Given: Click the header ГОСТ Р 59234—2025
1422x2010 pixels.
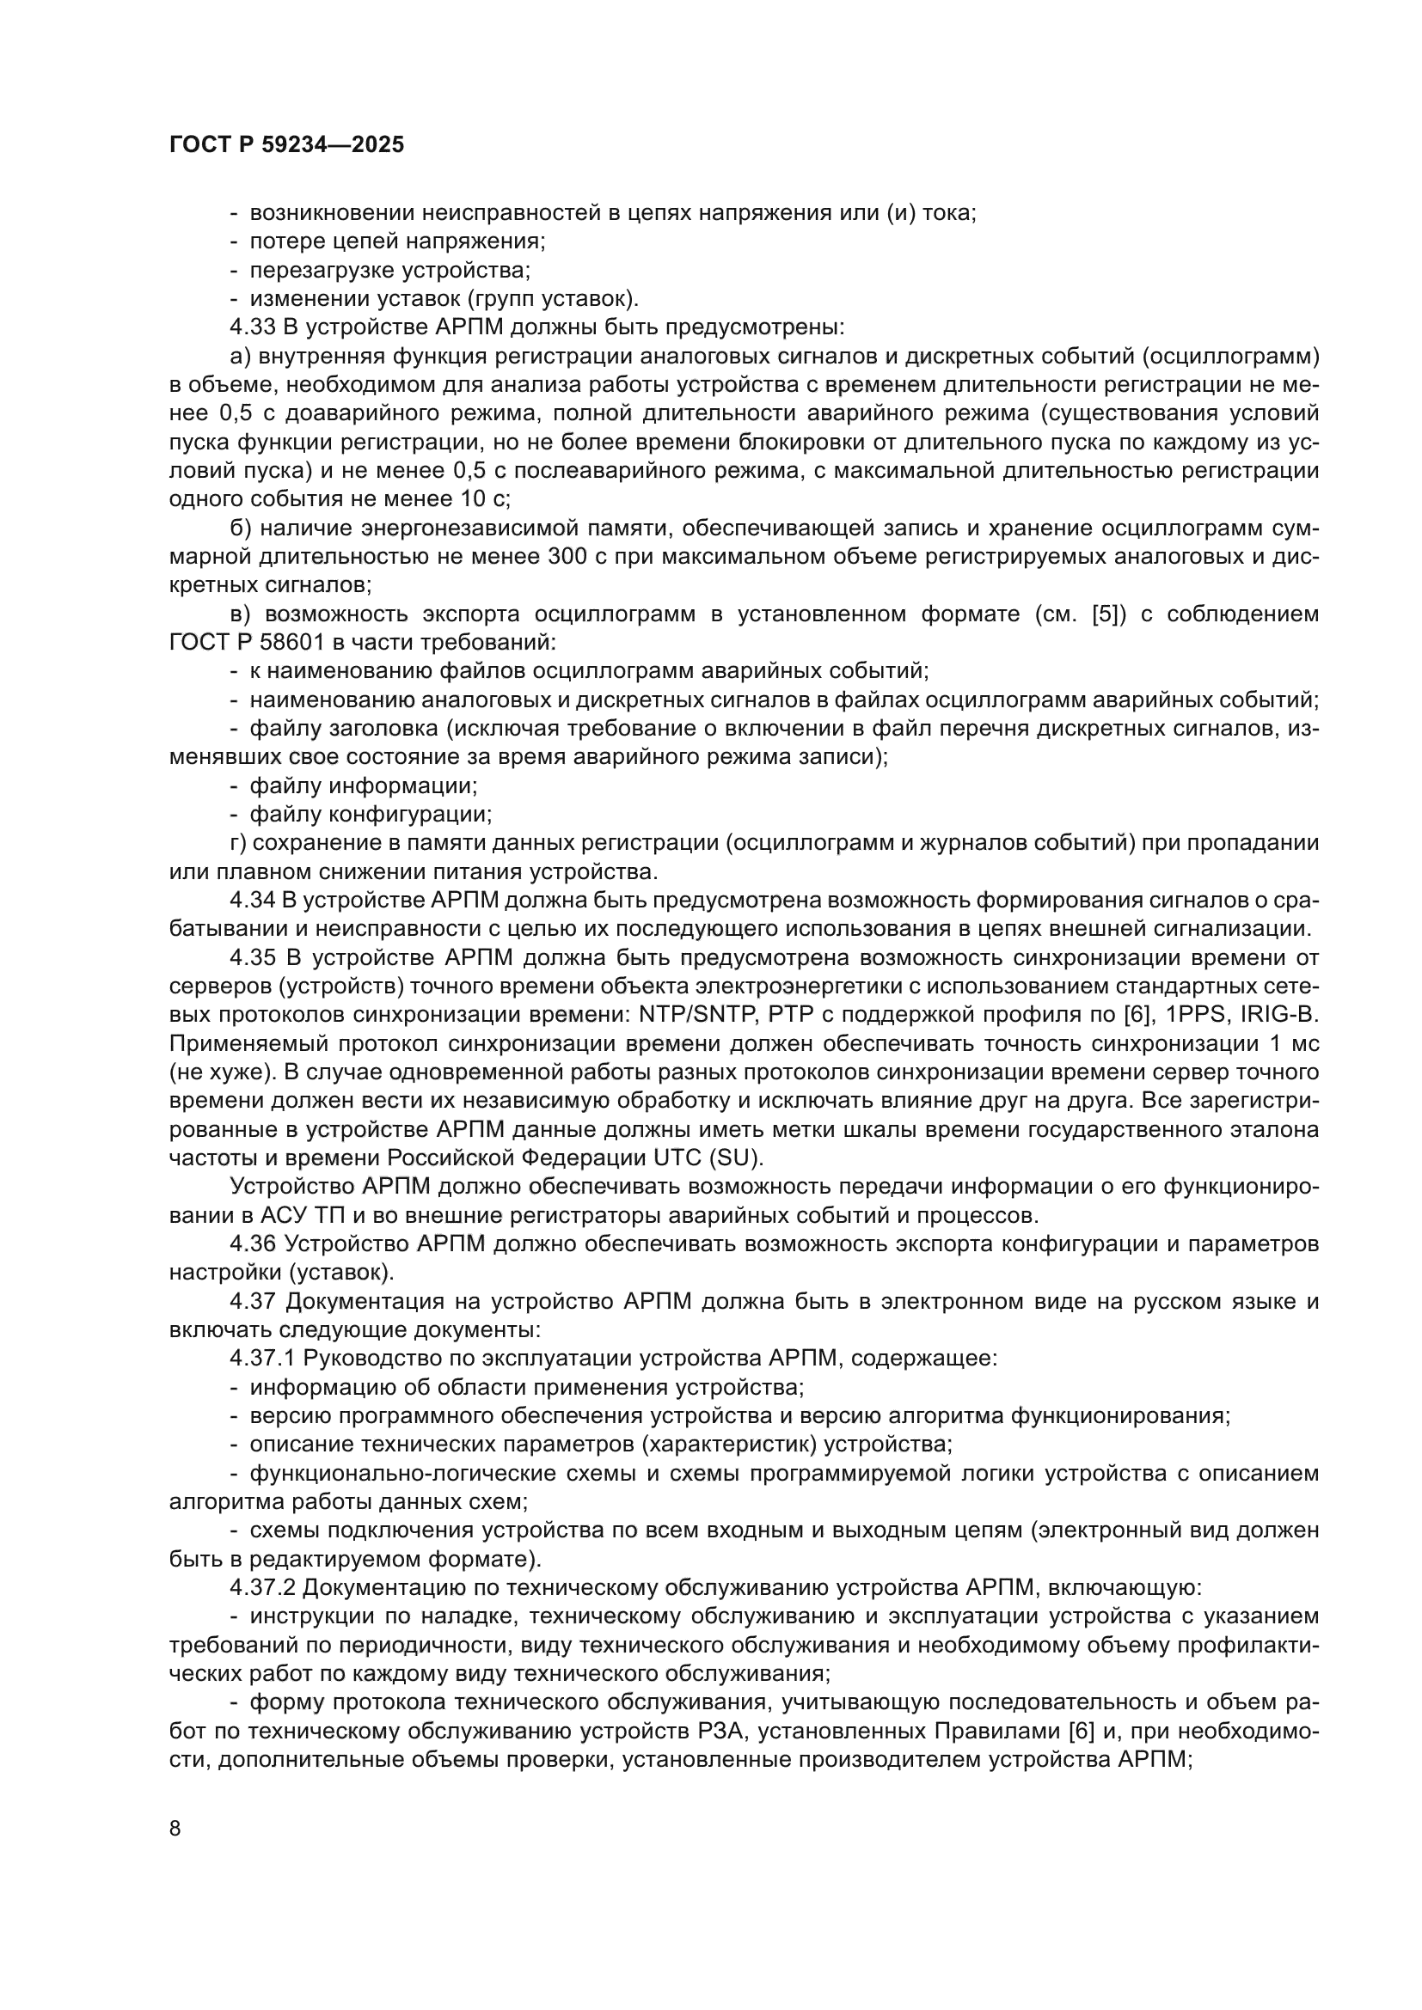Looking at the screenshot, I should (x=286, y=145).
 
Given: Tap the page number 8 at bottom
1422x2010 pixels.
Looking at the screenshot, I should (x=175, y=1829).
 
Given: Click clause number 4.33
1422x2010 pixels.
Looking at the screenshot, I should (x=252, y=327).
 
